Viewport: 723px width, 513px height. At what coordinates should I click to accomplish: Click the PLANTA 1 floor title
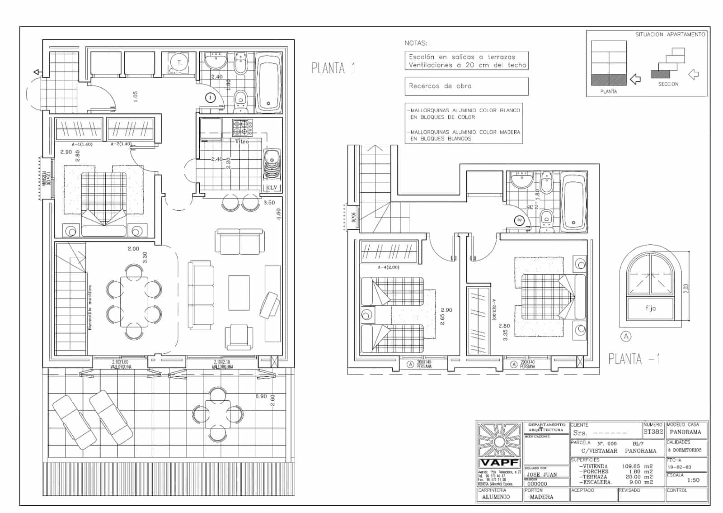333,68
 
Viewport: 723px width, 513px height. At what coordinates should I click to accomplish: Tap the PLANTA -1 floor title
634,359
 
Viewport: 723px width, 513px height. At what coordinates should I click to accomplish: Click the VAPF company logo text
499,463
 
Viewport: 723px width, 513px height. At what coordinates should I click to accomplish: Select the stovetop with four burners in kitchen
242,127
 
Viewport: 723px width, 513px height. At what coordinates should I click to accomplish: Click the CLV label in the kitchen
272,187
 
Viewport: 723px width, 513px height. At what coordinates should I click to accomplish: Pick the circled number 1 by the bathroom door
210,97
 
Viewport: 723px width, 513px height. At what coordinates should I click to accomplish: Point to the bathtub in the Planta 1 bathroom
268,82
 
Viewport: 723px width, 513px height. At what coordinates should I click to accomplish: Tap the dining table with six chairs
134,302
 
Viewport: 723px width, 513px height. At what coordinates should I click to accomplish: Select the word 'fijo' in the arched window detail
650,308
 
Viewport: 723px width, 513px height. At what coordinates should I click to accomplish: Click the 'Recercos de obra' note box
466,86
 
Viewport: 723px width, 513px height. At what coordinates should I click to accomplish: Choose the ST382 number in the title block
653,432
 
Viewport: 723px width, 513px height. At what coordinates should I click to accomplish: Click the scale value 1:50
693,480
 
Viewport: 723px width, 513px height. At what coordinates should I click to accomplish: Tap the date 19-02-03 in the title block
679,467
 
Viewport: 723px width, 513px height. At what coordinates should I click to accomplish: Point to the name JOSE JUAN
542,475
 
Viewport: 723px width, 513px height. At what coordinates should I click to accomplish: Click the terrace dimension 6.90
261,396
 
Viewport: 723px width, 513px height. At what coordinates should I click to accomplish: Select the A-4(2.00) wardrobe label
388,267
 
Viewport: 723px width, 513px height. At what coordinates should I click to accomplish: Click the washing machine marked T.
179,63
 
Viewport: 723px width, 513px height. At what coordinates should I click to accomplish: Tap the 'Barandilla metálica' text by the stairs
90,308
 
